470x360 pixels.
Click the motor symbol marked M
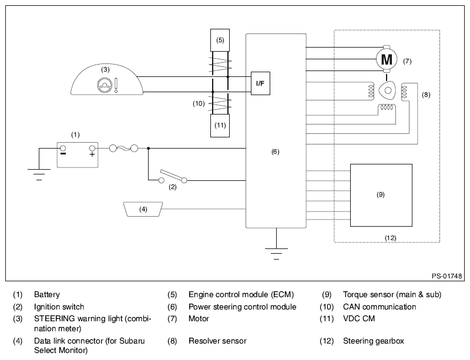(x=387, y=59)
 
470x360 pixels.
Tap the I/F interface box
(x=260, y=83)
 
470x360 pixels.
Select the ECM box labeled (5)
(x=220, y=40)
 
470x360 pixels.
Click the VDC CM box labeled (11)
(x=220, y=126)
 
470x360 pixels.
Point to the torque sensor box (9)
(x=381, y=195)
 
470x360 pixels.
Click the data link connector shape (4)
(x=143, y=209)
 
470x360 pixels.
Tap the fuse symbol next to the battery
(x=123, y=148)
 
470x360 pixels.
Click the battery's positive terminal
(x=92, y=148)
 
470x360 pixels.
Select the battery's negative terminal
(x=63, y=148)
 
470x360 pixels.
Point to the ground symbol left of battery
(x=39, y=174)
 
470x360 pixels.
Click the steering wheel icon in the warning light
(x=105, y=85)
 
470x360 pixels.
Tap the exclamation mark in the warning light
(x=116, y=85)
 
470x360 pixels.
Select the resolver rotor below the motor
(x=387, y=90)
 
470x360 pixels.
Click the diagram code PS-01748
(x=446, y=276)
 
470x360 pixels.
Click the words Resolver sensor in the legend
(x=217, y=341)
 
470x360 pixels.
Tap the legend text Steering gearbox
(x=374, y=341)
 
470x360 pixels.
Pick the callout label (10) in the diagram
(x=199, y=104)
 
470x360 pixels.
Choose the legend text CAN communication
(x=380, y=307)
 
